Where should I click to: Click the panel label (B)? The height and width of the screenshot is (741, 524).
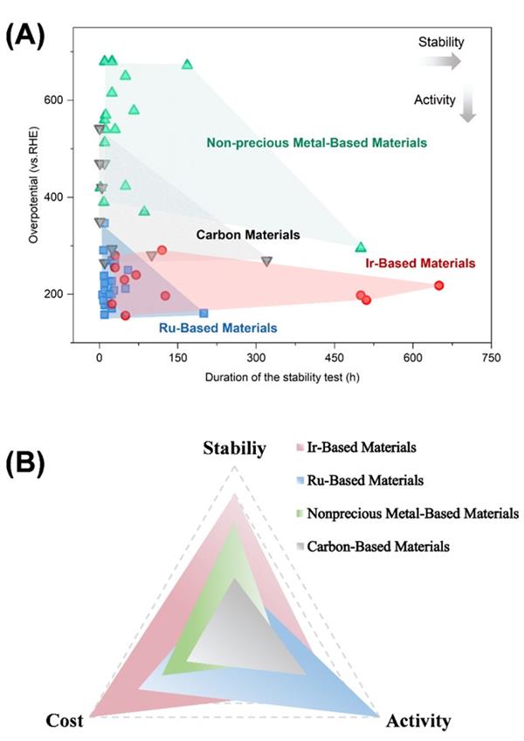pos(27,462)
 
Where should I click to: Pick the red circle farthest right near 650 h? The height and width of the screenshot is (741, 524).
pos(439,285)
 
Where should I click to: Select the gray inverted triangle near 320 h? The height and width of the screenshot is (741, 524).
pos(267,261)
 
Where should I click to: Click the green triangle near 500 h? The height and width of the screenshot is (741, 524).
pos(361,247)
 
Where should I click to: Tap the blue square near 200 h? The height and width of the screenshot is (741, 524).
pos(203,312)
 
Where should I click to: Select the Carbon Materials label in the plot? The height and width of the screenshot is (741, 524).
pos(248,235)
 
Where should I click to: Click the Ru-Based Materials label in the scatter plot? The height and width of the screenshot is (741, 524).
pos(218,328)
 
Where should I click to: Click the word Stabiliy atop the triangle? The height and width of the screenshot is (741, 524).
pos(235,449)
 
